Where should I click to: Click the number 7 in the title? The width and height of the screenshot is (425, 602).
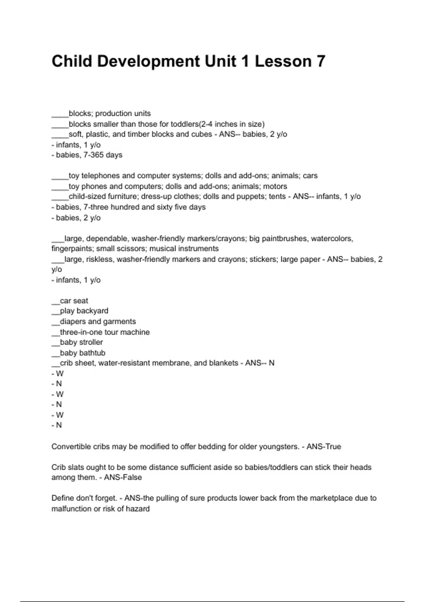(x=320, y=61)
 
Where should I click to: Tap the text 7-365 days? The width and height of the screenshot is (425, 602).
(x=103, y=155)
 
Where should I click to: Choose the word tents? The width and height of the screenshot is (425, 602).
(x=277, y=197)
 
